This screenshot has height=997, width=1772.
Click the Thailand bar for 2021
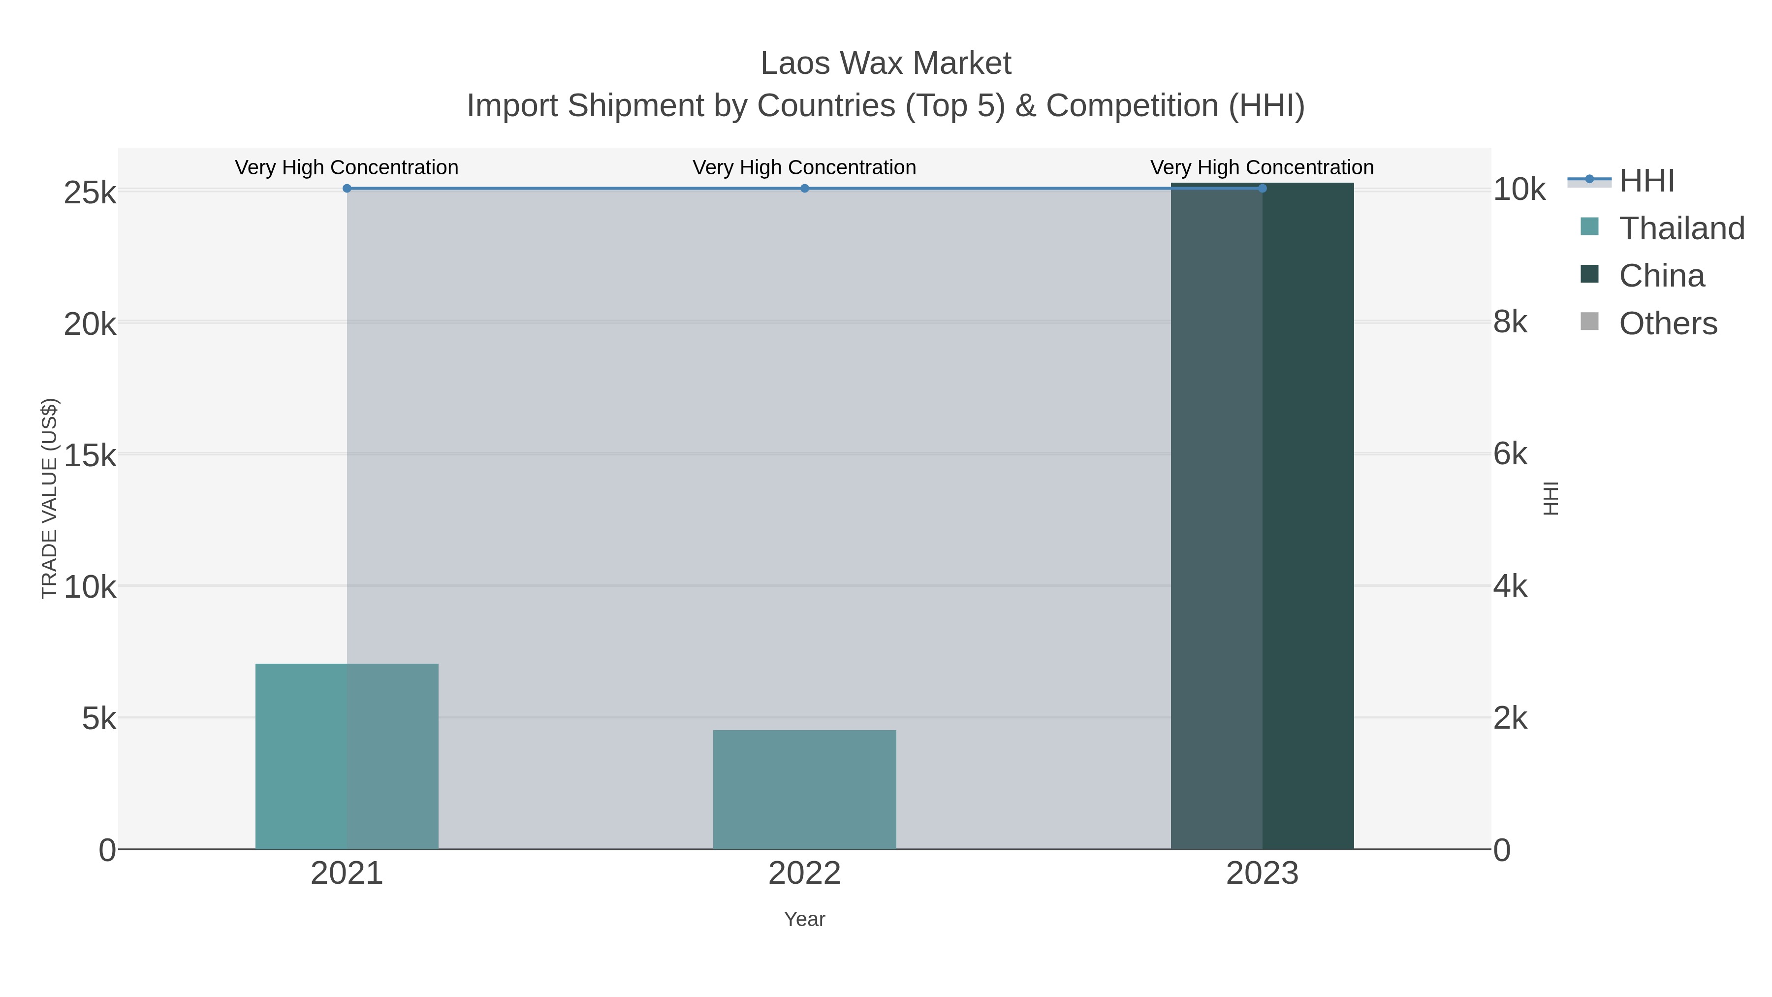pos(347,756)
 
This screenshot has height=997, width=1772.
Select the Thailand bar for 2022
pos(804,789)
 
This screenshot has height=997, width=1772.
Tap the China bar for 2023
pos(1262,516)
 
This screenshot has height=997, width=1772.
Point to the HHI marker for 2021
pos(347,189)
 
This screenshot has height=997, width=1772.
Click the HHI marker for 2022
pos(804,189)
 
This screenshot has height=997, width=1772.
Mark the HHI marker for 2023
pos(1262,189)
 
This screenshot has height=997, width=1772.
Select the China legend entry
pos(1661,276)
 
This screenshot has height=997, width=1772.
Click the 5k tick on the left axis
pos(99,719)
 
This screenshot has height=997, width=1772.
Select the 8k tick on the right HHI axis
pos(1510,322)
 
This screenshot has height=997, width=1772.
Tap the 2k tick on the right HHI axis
pos(1510,718)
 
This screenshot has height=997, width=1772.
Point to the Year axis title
pos(804,919)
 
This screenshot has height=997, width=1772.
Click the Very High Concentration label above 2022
pos(804,167)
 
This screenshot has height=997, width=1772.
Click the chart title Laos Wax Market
pos(886,64)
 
